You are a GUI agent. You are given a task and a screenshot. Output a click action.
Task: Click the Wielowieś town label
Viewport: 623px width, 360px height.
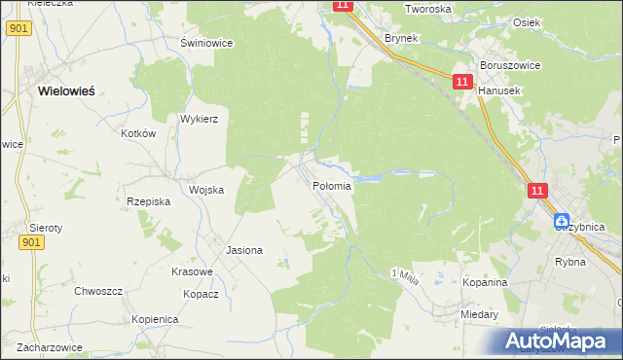[66, 90]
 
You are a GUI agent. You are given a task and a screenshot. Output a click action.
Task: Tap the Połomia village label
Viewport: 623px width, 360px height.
[331, 185]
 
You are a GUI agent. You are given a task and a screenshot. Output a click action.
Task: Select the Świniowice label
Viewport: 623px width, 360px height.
[203, 43]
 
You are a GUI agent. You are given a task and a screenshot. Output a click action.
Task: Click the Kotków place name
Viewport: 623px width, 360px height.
[138, 133]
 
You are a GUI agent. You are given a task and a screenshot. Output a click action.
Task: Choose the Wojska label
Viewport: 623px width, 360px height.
[206, 190]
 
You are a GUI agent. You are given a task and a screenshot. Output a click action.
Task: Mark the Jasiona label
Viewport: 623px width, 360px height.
[244, 250]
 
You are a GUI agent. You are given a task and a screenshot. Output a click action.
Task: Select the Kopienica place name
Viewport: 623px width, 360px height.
[155, 319]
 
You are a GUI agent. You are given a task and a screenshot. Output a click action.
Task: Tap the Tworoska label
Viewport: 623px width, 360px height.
[429, 9]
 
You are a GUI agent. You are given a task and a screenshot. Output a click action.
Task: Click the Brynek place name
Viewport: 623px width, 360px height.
[400, 38]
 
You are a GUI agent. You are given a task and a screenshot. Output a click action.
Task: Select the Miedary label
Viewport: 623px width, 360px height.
[480, 314]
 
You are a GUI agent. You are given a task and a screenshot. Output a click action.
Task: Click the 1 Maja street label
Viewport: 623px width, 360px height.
[404, 275]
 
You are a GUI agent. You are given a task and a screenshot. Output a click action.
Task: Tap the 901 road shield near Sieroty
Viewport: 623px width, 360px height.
[30, 243]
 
